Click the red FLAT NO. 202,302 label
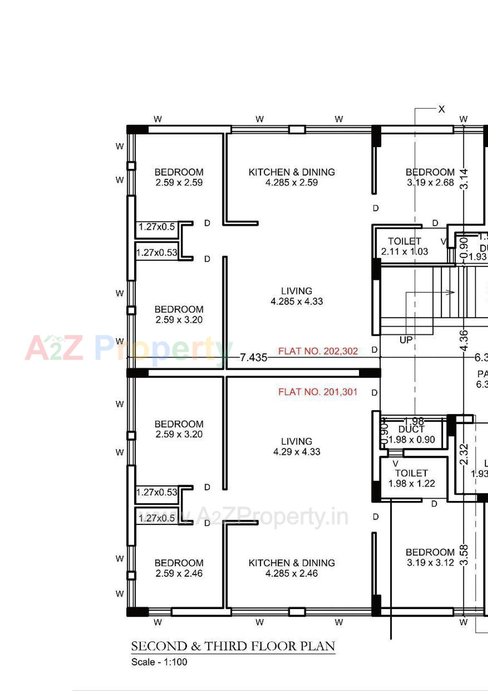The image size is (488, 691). tap(318, 351)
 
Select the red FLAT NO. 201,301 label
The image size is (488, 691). tap(318, 392)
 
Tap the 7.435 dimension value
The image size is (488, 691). tap(253, 358)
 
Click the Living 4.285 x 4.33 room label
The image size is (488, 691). tap(296, 296)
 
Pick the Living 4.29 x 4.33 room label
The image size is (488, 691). tap(296, 447)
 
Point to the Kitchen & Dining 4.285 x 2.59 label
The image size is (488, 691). tap(291, 177)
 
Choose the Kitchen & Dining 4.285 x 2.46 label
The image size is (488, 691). tap(291, 568)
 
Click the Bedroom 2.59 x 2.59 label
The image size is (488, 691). tap(179, 177)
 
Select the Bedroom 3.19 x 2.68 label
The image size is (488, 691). tap(430, 177)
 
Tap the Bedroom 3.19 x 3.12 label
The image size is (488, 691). tap(430, 557)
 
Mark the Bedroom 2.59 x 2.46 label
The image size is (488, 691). tap(179, 568)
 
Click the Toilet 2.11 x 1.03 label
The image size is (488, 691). tap(404, 246)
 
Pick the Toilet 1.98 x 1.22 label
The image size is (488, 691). tap(411, 478)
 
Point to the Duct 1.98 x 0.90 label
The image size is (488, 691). tap(411, 434)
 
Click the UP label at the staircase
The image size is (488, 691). tap(406, 340)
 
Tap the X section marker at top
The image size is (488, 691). tap(441, 109)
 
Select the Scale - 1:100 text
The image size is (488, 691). tap(159, 662)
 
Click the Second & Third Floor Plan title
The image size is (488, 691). tap(233, 646)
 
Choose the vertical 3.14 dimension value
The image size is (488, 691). tap(464, 179)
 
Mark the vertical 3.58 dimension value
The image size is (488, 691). tap(464, 555)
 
